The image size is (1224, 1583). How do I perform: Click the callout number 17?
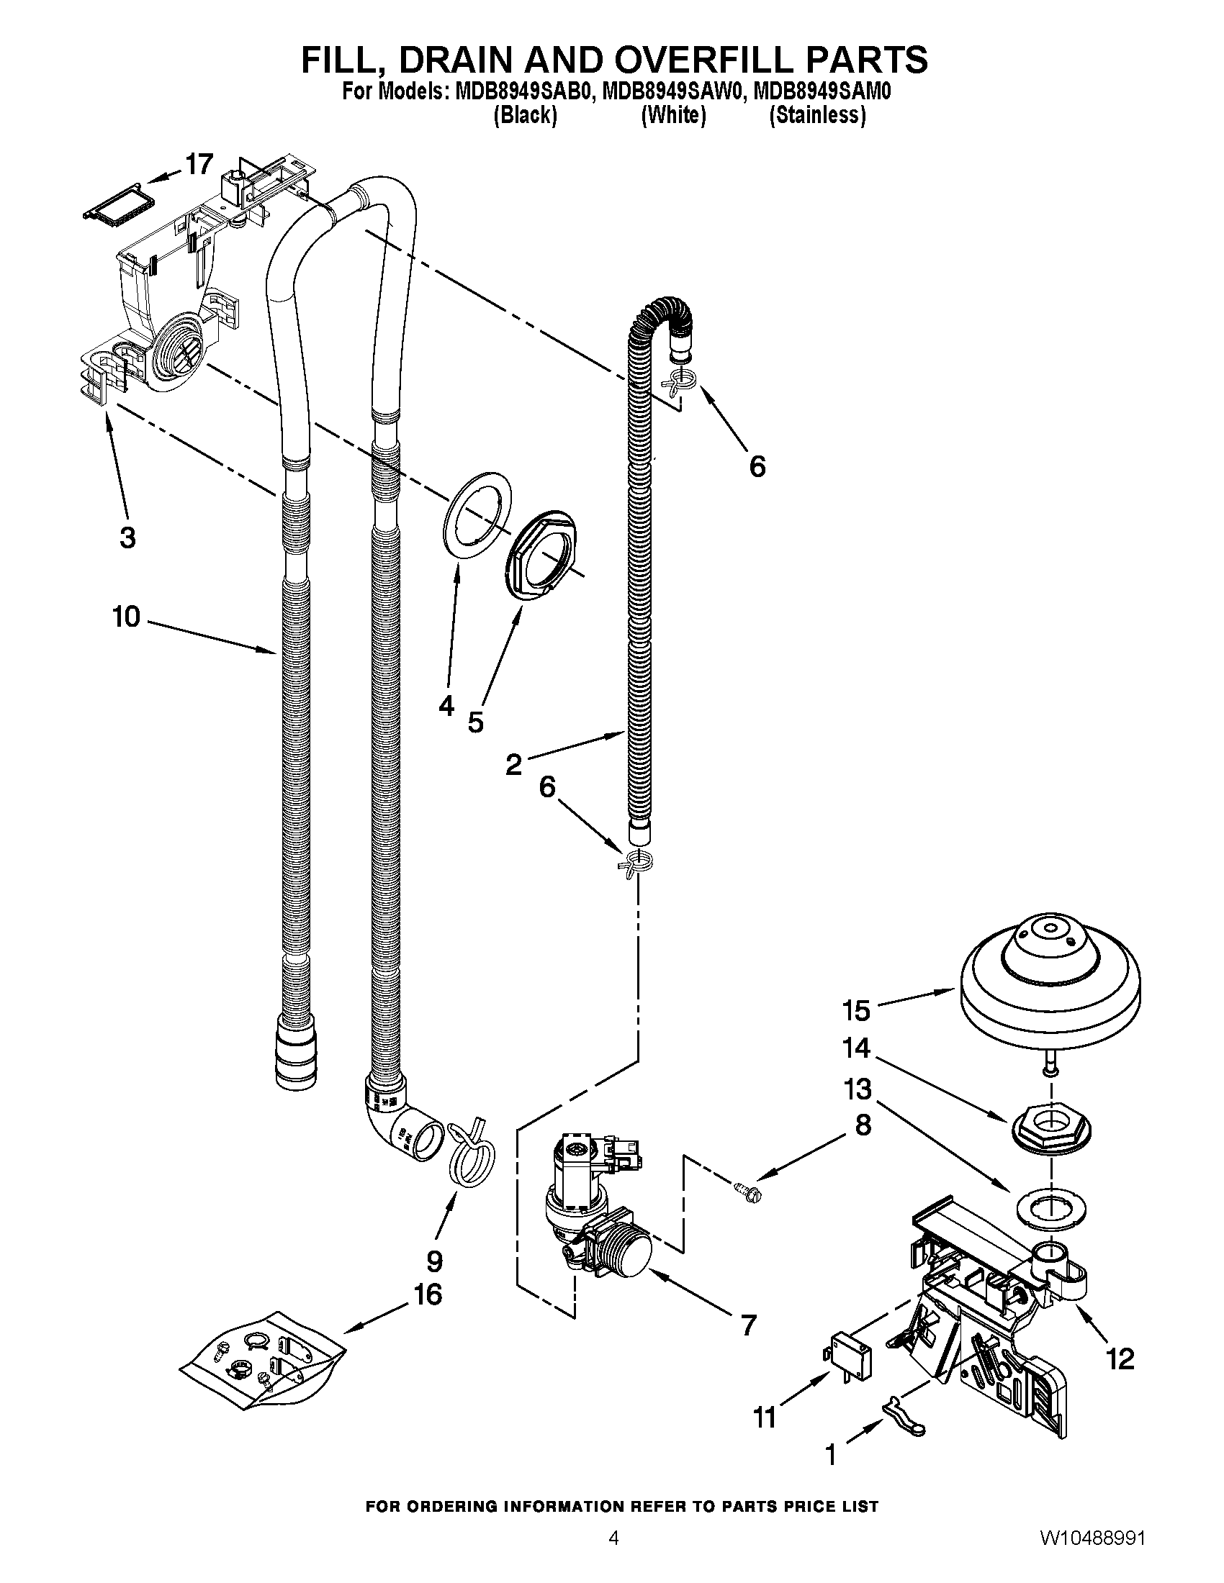199,165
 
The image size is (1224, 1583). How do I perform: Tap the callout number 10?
126,617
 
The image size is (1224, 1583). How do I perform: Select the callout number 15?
856,1010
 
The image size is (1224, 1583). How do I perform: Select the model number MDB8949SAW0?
672,94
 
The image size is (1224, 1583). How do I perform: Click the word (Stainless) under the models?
817,115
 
